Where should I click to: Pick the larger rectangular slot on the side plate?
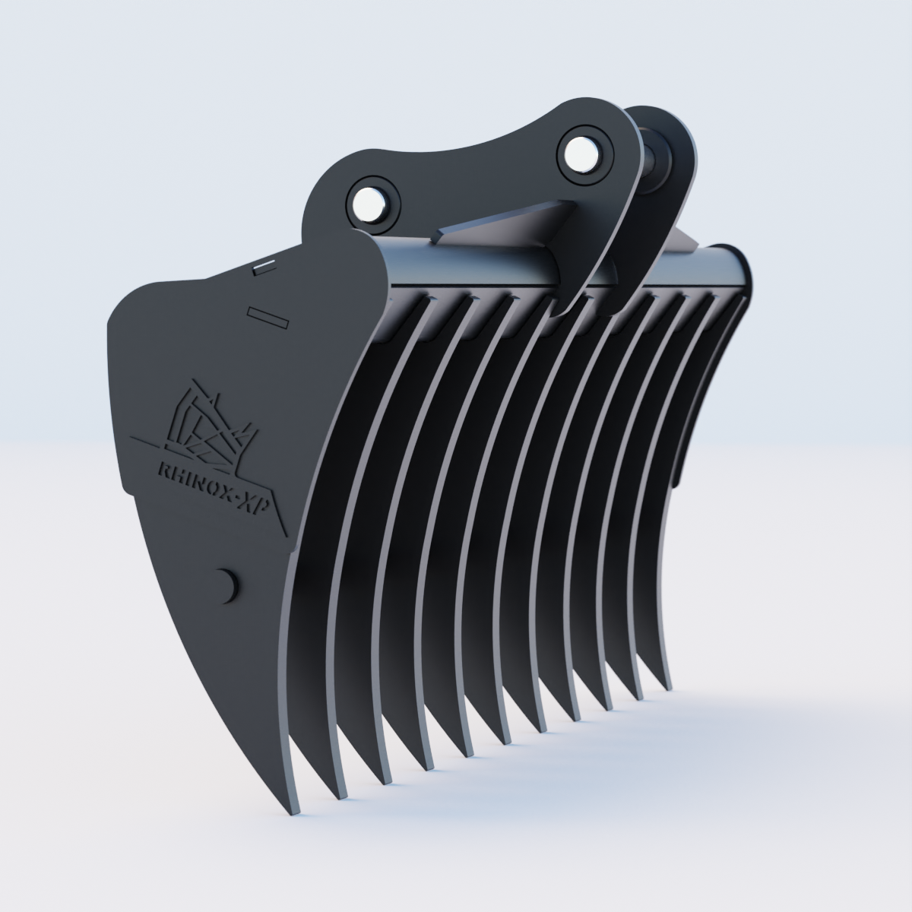(x=268, y=317)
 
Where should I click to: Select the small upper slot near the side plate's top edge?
(x=265, y=266)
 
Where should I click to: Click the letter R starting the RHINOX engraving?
(x=161, y=471)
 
